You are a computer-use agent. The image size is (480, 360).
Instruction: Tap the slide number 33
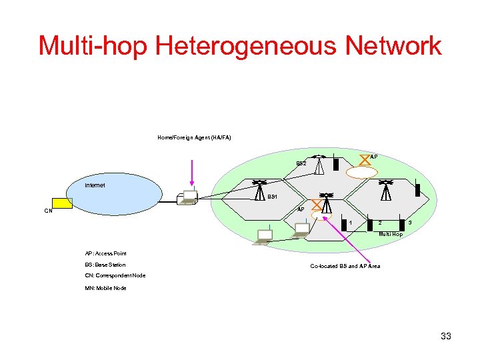pos(446,336)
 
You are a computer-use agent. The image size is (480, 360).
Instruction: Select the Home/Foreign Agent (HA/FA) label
pos(194,137)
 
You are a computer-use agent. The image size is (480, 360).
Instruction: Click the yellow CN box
pos(63,203)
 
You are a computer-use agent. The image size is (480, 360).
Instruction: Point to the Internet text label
pos(95,185)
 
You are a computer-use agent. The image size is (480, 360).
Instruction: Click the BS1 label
pos(272,197)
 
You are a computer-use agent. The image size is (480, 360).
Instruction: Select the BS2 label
pos(301,163)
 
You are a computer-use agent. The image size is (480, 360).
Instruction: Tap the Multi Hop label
pos(391,235)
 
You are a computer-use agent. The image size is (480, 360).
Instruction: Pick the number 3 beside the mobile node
pos(410,222)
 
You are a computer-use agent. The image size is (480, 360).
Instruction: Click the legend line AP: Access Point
pos(105,253)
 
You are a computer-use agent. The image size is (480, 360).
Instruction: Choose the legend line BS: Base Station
pos(105,265)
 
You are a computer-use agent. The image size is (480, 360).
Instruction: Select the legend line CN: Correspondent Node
pos(115,275)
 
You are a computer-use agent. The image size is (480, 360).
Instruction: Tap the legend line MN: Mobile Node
pos(105,288)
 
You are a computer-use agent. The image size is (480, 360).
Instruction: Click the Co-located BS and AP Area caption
pos(345,266)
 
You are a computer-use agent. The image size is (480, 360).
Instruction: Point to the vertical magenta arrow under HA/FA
pos(191,173)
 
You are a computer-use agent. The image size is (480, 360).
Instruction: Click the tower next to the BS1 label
pos(260,189)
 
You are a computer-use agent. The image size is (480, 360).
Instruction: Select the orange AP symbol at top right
pos(365,159)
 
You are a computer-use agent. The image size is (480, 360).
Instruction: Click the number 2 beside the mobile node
pos(380,222)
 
